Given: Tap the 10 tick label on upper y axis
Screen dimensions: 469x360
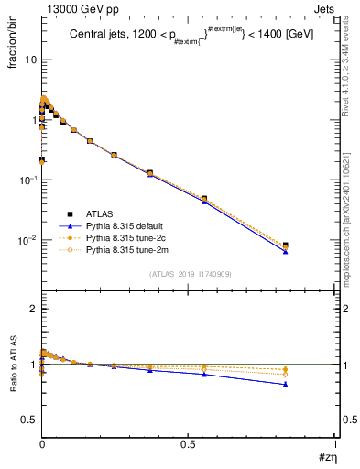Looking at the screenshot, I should click(x=30, y=60).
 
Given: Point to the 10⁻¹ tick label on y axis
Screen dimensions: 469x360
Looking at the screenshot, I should click(x=27, y=180).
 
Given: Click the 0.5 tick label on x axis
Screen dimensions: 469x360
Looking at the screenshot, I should click(x=188, y=442).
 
